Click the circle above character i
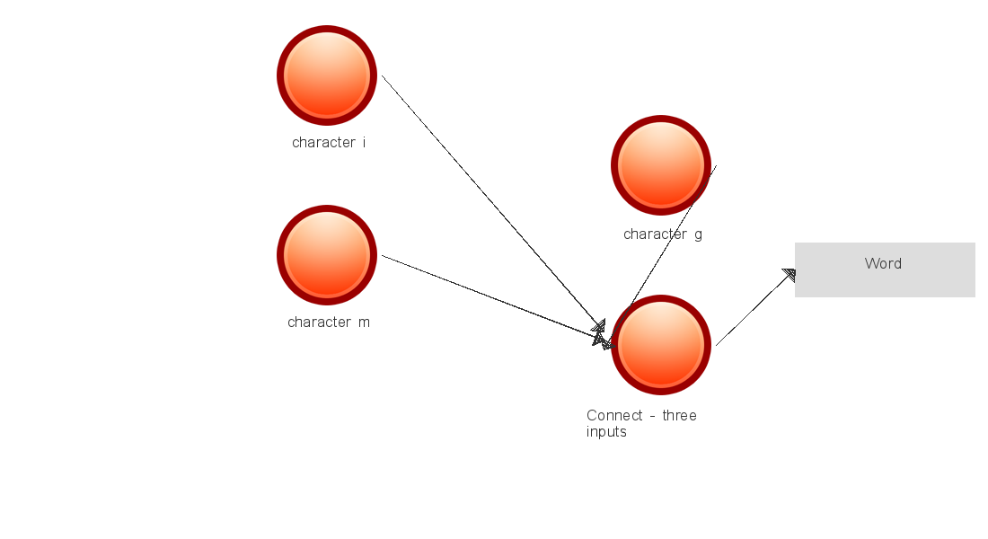click(327, 75)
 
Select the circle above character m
click(327, 255)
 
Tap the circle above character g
click(661, 165)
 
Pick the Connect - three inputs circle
click(661, 345)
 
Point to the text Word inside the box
click(883, 263)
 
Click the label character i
click(329, 142)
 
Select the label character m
click(329, 322)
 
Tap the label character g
click(663, 234)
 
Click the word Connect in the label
click(615, 415)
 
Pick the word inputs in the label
click(606, 431)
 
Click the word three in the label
click(679, 415)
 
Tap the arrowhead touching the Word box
click(790, 275)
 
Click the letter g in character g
click(698, 234)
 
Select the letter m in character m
click(363, 322)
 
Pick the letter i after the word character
click(364, 142)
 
